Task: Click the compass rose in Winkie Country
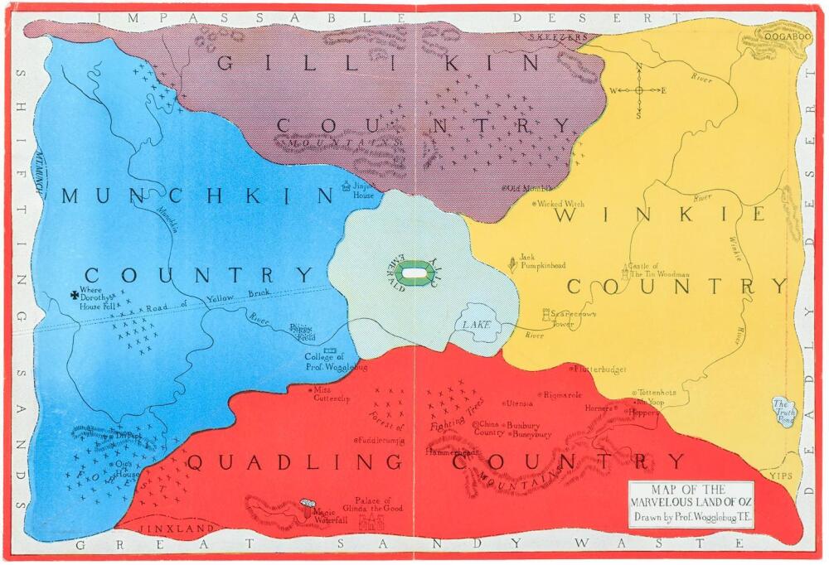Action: pos(639,90)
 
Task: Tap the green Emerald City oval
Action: pos(417,271)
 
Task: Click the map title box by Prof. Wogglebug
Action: pos(690,505)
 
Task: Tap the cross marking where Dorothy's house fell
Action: pos(75,292)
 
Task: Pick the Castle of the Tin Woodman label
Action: pos(659,268)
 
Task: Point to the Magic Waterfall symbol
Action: pos(308,505)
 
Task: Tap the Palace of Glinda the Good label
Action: pos(378,505)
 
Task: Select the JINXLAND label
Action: pos(165,528)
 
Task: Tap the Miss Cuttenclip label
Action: pos(332,394)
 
